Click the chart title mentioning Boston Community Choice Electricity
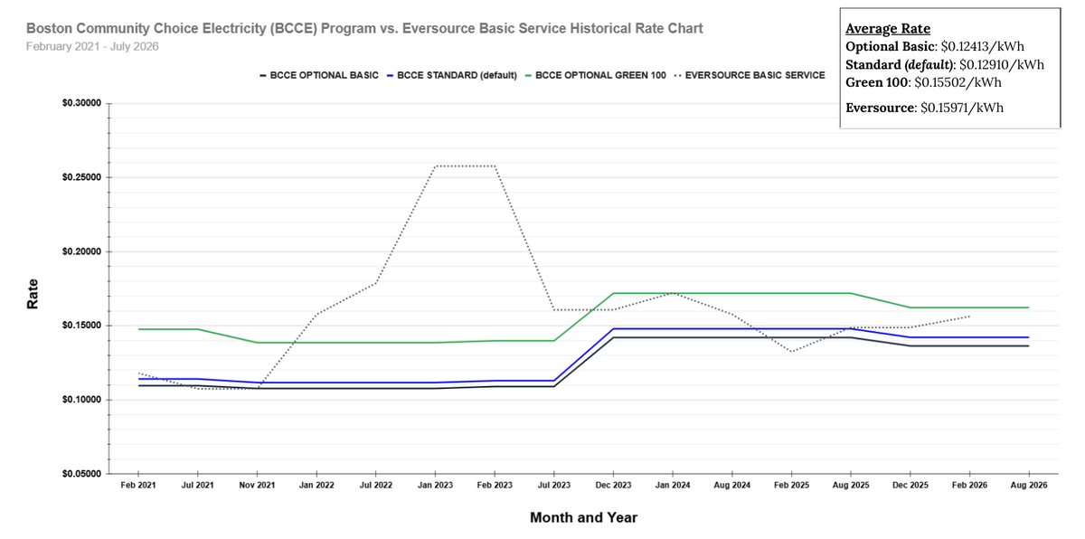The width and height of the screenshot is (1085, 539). point(364,28)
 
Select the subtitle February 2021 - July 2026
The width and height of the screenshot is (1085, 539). point(92,46)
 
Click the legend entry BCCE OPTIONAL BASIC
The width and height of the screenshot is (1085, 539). point(318,75)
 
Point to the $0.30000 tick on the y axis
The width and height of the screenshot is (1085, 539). point(81,104)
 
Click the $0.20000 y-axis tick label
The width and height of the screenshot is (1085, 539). point(81,251)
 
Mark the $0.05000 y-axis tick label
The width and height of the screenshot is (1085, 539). point(81,473)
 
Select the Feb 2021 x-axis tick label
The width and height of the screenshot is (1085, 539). point(137,486)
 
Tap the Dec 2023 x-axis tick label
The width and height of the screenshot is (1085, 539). point(614,486)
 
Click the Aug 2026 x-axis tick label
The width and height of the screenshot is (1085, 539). point(1029,486)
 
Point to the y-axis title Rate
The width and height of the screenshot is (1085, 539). point(33,293)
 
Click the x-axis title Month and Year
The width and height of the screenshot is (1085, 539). point(583,517)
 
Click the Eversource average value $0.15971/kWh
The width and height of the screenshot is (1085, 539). point(961,108)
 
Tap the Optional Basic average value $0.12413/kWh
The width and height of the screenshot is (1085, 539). point(980,46)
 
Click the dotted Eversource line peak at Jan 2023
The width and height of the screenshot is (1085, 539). point(436,166)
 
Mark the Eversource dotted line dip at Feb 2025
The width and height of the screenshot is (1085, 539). point(791,352)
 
